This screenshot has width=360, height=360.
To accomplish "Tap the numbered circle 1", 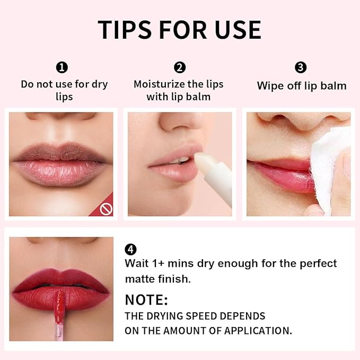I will [x=63, y=67].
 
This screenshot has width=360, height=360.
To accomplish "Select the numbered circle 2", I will [x=180, y=67].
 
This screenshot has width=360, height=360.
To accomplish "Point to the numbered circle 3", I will [x=301, y=67].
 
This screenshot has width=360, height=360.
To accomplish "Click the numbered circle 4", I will [x=130, y=249].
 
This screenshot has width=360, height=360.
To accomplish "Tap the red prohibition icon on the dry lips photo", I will [x=106, y=209].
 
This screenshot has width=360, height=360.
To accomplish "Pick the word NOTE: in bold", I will [x=146, y=300].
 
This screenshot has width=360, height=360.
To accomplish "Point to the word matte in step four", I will [x=140, y=278].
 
